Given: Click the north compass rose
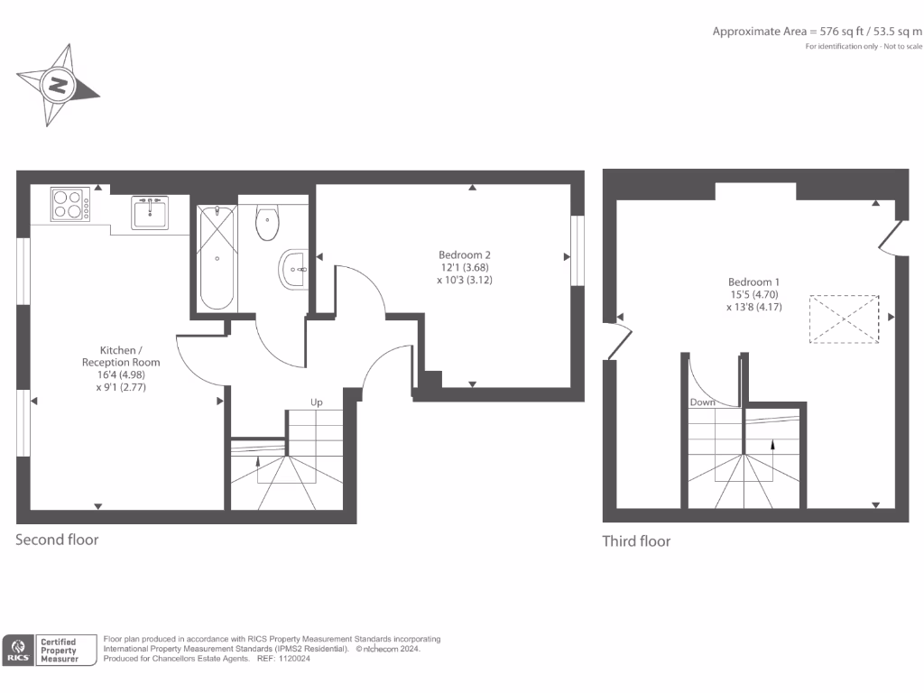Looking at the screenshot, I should pos(58,86).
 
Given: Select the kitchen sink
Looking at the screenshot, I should pos(150,213).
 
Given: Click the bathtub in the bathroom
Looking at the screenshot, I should pos(217,257).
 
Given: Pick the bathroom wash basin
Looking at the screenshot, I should pos(294,268).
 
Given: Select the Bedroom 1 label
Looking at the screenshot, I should pos(747,282).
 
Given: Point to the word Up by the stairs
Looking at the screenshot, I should pos(317,402).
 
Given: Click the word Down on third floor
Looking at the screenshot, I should pos(702,402).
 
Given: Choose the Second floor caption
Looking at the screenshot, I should pos(57,540).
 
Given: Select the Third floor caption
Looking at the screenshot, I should pos(636,541).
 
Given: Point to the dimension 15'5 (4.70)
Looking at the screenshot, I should pos(747,294).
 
